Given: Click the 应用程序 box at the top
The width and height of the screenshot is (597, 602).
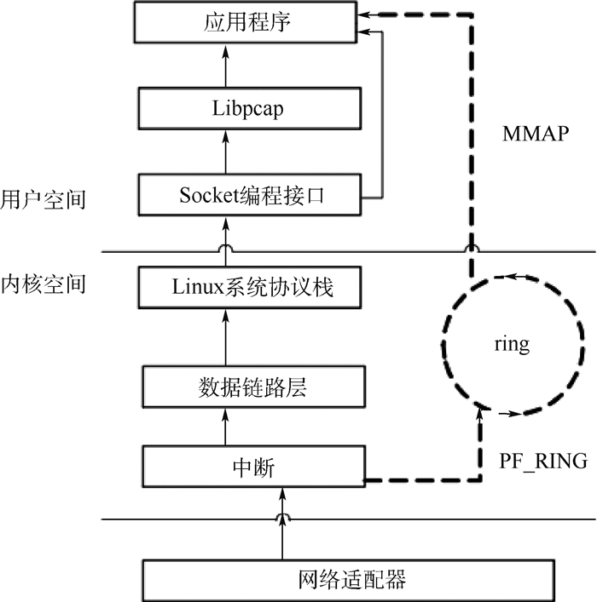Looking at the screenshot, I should point(247,22).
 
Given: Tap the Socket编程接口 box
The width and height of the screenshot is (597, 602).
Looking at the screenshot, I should point(252,195).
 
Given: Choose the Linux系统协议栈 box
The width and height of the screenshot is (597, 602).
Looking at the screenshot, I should point(252,289).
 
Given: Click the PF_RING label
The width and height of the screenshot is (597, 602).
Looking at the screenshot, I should point(543,462).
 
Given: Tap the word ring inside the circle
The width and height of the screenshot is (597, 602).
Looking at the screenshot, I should point(512,345).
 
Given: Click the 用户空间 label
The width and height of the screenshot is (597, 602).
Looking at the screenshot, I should point(43,201).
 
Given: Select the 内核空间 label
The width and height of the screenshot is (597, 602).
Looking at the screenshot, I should point(43,284).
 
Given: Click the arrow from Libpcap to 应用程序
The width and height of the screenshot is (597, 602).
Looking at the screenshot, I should point(226,66).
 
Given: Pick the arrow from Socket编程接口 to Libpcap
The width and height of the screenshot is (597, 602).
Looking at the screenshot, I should point(226,153).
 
